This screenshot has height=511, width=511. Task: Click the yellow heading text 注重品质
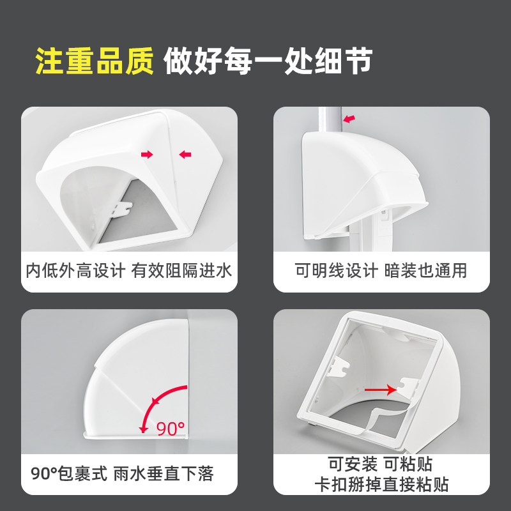(x=95, y=61)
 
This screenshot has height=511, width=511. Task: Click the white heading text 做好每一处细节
(x=268, y=61)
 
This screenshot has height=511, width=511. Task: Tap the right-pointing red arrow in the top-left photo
(x=147, y=154)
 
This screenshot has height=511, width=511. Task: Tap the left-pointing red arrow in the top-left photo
(x=185, y=154)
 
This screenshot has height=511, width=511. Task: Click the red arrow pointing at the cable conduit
(x=349, y=119)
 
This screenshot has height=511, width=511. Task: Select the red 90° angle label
(x=171, y=429)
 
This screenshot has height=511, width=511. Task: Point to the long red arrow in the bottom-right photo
(x=380, y=390)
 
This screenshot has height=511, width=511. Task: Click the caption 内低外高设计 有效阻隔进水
(x=129, y=271)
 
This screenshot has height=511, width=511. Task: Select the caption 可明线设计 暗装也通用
(x=381, y=271)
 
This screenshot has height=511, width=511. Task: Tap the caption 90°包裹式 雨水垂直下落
(x=122, y=474)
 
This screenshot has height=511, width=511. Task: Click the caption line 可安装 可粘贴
(x=380, y=464)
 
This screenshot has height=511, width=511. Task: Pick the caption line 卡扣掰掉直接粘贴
(x=381, y=485)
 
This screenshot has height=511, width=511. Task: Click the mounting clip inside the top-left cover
(x=122, y=210)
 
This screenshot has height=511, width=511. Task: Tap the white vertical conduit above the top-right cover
(x=330, y=119)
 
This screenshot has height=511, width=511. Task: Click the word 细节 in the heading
(x=343, y=61)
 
